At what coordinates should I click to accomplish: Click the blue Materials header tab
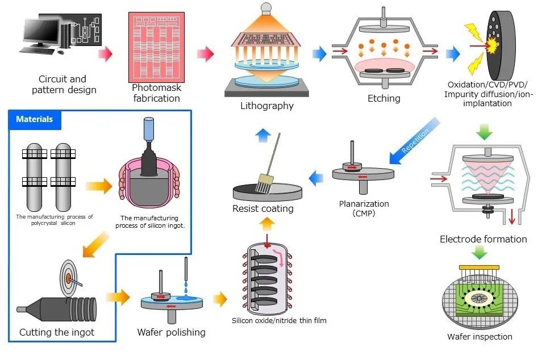coord(35,119)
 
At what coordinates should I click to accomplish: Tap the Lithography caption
coord(267,106)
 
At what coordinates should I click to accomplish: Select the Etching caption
coord(384,98)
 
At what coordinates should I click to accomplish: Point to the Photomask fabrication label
coord(156,93)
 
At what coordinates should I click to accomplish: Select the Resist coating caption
coord(263,208)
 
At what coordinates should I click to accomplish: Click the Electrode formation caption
coord(483,239)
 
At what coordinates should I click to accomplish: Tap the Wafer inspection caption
coord(480,337)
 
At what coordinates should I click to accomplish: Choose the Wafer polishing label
coord(171,332)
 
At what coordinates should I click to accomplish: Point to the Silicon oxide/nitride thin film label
coord(279,321)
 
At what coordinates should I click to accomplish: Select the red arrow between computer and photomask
coord(105,55)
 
